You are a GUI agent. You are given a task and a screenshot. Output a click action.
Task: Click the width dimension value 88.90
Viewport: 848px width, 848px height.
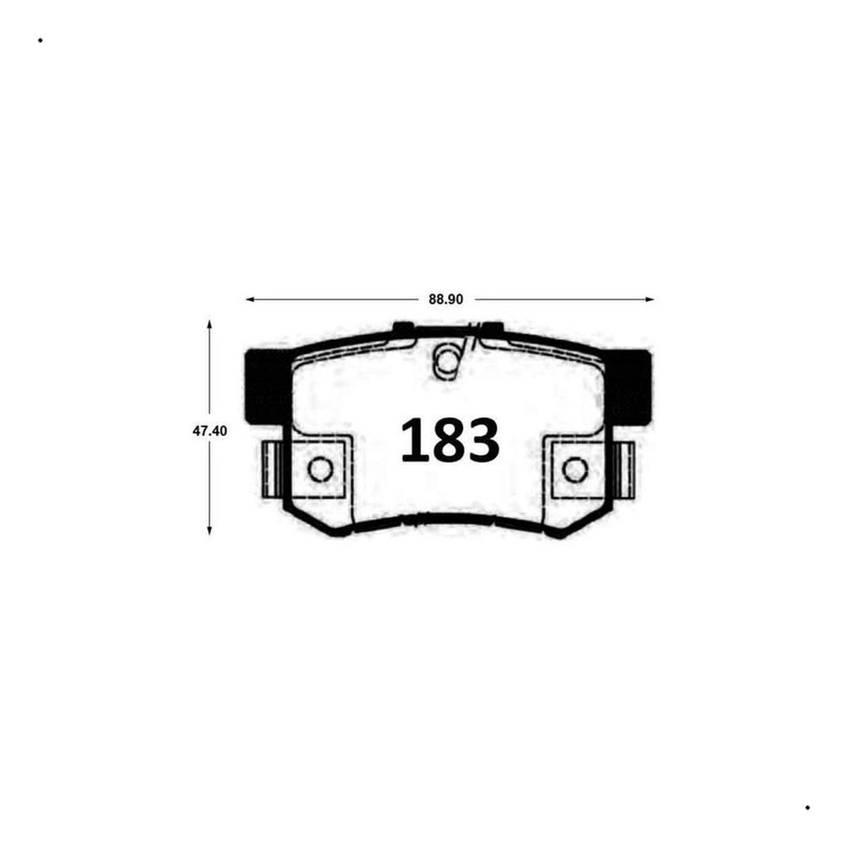(445, 299)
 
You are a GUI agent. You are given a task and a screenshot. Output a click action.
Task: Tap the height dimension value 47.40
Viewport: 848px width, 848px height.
(209, 431)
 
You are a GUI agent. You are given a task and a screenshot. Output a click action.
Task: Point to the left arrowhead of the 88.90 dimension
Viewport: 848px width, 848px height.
(250, 299)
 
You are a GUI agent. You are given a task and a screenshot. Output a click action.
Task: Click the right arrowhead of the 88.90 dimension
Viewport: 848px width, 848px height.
(649, 299)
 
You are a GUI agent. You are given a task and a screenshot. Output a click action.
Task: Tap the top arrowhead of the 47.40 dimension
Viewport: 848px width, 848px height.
(209, 325)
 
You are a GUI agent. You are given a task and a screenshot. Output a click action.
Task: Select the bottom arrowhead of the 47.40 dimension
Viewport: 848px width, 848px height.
(209, 530)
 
